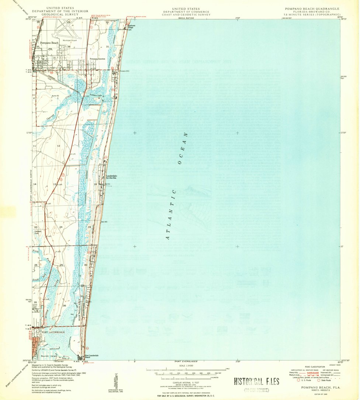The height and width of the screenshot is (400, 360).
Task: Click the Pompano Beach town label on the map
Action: (49, 43)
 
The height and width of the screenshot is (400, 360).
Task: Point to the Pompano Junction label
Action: (97, 59)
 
